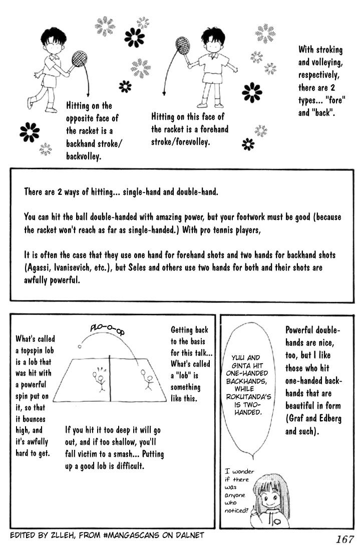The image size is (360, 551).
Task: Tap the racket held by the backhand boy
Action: [x=78, y=60]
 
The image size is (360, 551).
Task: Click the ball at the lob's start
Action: [x=79, y=346]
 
